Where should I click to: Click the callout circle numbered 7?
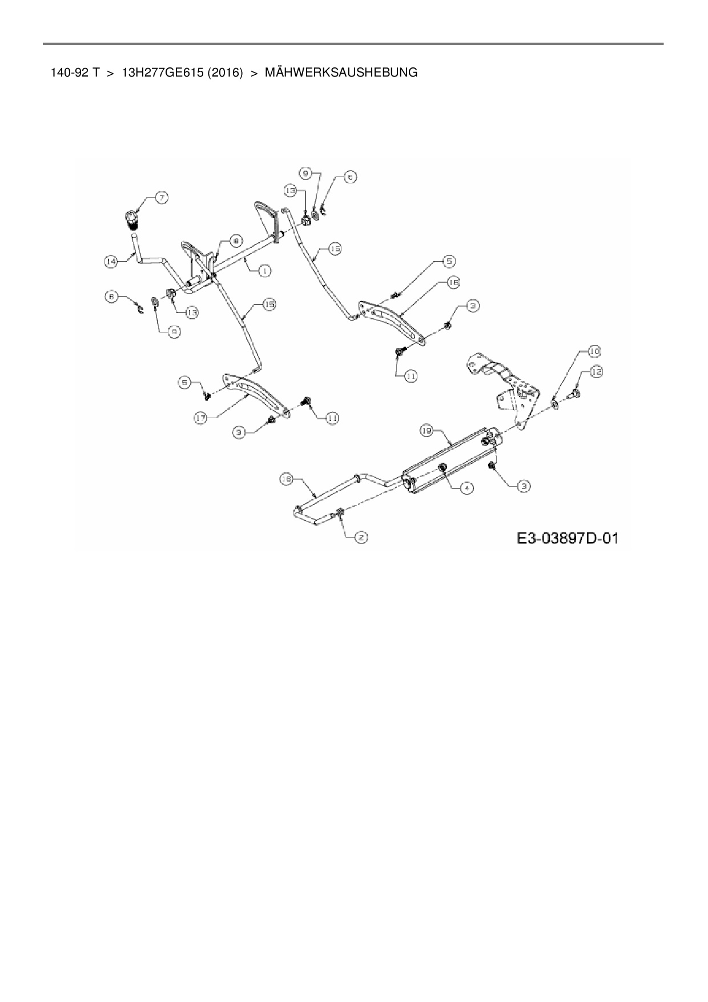(162, 198)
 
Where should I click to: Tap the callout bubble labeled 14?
(111, 261)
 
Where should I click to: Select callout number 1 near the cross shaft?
(264, 271)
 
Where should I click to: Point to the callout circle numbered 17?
(200, 418)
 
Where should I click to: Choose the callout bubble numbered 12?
(596, 372)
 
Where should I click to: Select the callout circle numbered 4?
(466, 488)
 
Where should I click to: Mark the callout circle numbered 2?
(361, 537)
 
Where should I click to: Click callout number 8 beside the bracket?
(236, 241)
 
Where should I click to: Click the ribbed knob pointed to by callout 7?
(132, 219)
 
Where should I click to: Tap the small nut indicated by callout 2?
(340, 512)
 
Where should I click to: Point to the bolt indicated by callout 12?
(574, 393)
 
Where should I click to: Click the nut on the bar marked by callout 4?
(442, 468)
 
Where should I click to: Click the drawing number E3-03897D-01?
(568, 538)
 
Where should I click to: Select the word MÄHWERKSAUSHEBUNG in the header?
(341, 73)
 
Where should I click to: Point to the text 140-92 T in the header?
(75, 73)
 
